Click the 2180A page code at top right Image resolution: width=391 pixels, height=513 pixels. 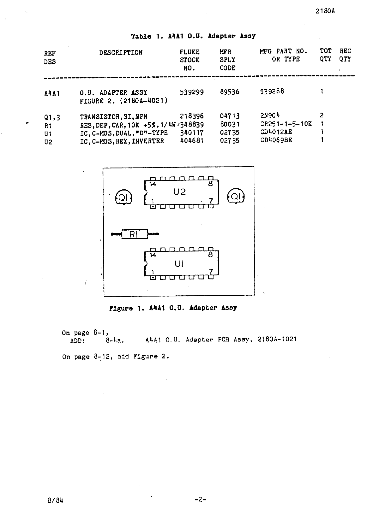coord(325,11)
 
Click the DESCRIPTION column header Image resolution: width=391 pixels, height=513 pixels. coord(121,52)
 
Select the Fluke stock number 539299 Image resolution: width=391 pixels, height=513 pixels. coord(192,92)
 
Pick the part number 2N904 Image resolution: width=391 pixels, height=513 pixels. coord(270,115)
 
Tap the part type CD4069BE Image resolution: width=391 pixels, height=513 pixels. coord(276,140)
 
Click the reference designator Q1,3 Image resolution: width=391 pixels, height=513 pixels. coord(52,117)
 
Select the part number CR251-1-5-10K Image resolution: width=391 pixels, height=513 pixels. coord(286,124)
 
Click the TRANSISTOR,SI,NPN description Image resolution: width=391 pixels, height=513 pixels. coord(113,117)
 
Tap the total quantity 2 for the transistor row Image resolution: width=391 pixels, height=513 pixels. coord(322,116)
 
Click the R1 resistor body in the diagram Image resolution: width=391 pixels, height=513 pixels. coord(135,234)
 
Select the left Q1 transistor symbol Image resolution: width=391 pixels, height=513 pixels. coord(124,198)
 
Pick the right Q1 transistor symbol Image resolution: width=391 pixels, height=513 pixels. coord(236,197)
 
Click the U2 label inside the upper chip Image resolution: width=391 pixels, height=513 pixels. coord(180,192)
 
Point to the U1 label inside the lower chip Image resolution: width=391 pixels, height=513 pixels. coord(179,264)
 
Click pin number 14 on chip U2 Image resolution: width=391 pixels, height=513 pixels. coord(153,184)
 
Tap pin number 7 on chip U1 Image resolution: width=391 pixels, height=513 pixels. coord(210,271)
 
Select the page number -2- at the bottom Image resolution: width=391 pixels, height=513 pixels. coord(201,499)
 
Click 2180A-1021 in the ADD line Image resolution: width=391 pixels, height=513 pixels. coord(277,339)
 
